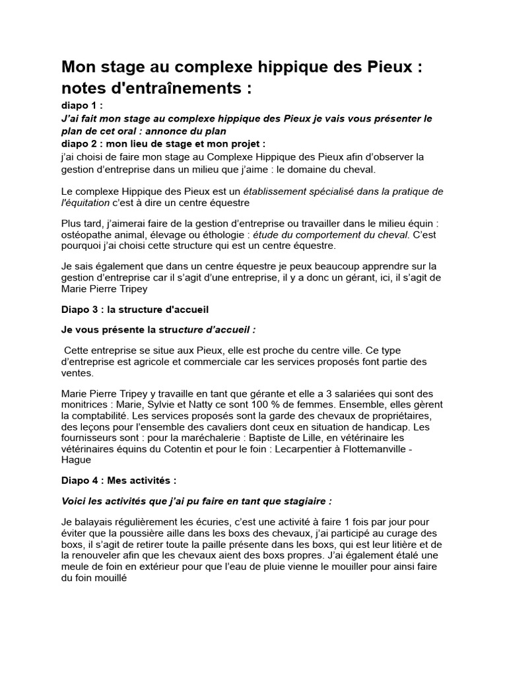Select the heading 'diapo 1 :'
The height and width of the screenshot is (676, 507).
tap(82, 106)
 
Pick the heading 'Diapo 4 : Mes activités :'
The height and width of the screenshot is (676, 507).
tap(119, 480)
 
